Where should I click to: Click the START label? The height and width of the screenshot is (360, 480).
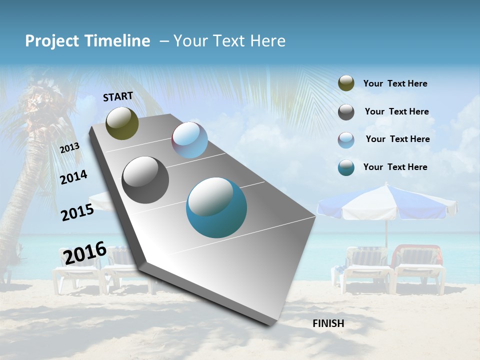tap(118, 96)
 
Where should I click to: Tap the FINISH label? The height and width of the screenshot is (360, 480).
tap(328, 323)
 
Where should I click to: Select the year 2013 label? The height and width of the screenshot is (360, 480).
tap(70, 148)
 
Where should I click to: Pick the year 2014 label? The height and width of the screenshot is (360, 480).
tap(73, 177)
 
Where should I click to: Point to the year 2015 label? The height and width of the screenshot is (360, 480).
tap(77, 212)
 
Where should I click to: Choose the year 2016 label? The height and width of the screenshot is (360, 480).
tap(85, 253)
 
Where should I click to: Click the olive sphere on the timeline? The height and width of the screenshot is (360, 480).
tap(122, 123)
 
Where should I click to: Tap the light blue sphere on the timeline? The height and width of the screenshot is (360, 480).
tap(189, 140)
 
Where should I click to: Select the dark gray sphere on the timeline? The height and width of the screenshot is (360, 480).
tap(145, 180)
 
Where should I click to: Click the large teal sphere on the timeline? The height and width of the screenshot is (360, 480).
tap(216, 207)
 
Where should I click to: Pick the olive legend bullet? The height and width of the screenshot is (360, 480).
tap(346, 83)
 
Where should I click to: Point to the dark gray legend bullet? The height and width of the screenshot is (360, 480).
tap(346, 112)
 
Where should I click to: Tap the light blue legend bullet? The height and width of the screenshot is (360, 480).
tap(346, 140)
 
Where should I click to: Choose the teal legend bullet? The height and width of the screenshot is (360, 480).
tap(346, 167)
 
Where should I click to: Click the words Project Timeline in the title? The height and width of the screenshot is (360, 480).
tap(87, 41)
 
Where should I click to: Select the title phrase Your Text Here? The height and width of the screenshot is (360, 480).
tap(229, 41)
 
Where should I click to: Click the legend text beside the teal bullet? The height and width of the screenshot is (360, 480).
tap(395, 167)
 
